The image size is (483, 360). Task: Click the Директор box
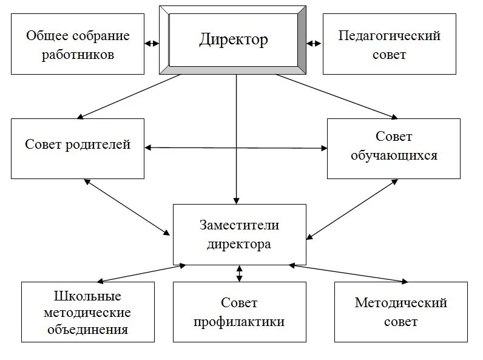(234, 40)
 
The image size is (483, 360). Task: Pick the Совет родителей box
(78, 148)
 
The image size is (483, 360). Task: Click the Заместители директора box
(239, 234)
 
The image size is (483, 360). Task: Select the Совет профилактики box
(239, 311)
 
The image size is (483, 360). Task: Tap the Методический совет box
(401, 311)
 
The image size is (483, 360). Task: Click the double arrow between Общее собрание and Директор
(152, 44)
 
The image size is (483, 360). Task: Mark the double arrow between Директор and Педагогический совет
(314, 44)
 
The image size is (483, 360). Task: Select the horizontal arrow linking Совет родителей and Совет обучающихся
(235, 148)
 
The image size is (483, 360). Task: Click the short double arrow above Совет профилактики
(239, 273)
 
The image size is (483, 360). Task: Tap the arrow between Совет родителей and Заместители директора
(127, 207)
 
